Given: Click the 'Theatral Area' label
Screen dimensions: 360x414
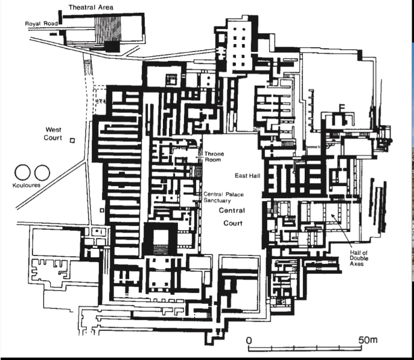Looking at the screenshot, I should point(91,7).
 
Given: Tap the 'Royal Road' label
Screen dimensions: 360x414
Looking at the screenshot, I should point(40,24).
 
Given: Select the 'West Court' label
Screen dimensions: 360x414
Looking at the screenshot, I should point(57,134).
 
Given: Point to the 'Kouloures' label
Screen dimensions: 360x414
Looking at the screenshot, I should point(26,185).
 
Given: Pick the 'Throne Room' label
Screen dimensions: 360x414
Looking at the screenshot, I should point(214,157).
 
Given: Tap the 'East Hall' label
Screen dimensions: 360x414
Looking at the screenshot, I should point(246,175).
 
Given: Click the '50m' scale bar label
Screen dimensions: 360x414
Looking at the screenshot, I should point(368,340).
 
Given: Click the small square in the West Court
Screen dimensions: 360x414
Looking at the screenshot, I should point(72,140).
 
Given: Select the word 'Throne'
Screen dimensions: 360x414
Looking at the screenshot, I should point(214,154).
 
